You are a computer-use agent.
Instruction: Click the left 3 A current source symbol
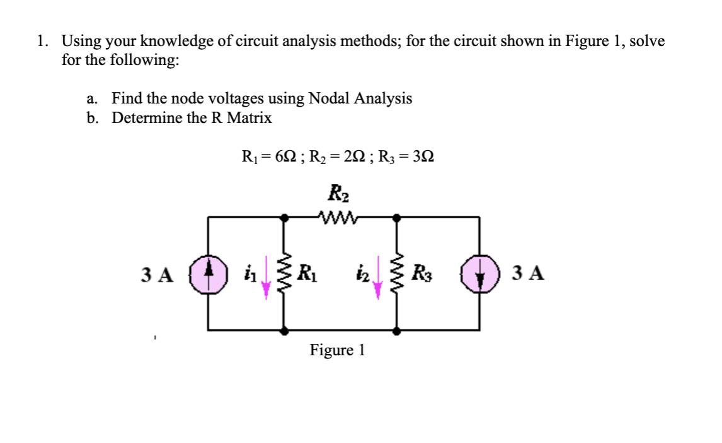pos(209,275)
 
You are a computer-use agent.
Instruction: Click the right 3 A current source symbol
pos(480,275)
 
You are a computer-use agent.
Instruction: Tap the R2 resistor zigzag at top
pos(340,218)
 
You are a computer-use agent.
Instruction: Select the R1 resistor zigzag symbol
pos(285,274)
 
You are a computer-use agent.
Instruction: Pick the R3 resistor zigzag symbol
pos(396,274)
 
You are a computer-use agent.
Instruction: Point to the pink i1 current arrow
pos(266,276)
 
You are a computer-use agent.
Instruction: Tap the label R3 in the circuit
pos(420,274)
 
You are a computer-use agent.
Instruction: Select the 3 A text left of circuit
pos(156,275)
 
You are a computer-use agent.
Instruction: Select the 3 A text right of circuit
pos(529,274)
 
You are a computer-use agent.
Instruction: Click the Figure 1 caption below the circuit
pos(337,350)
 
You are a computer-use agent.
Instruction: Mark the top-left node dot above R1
pos(285,218)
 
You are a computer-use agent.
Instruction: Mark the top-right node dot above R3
pos(396,218)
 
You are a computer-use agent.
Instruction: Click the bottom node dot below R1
pos(285,330)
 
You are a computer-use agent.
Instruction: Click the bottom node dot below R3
pos(396,330)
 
